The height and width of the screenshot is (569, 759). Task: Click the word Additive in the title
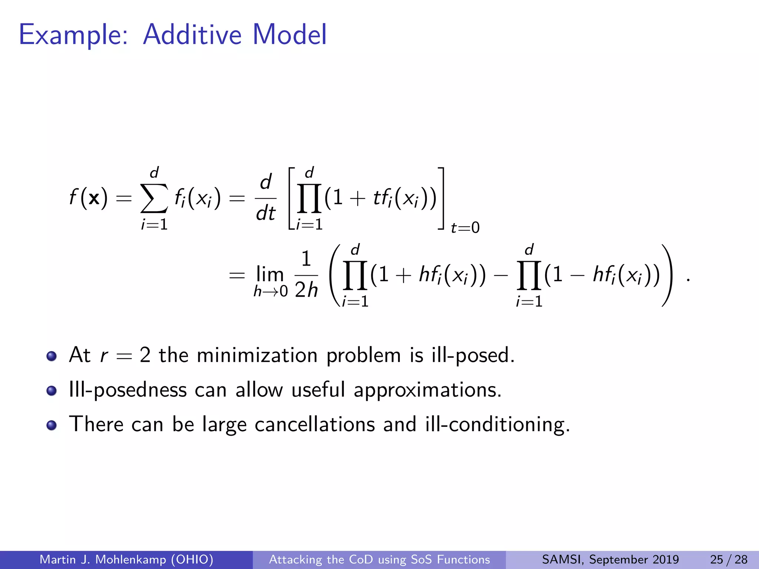192,35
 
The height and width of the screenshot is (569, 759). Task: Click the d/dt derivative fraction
266,198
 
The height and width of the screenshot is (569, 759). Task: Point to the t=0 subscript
465,227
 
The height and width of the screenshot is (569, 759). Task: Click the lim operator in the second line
270,275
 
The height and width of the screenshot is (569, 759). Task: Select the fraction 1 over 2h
306,275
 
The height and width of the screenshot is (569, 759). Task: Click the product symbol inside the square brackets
309,200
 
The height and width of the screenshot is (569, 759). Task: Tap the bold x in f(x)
94,198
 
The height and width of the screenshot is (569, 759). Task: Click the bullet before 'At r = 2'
52,356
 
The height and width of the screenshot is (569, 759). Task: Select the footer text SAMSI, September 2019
610,559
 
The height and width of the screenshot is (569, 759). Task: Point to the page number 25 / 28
729,559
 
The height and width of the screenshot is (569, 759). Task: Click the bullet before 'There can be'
52,425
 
